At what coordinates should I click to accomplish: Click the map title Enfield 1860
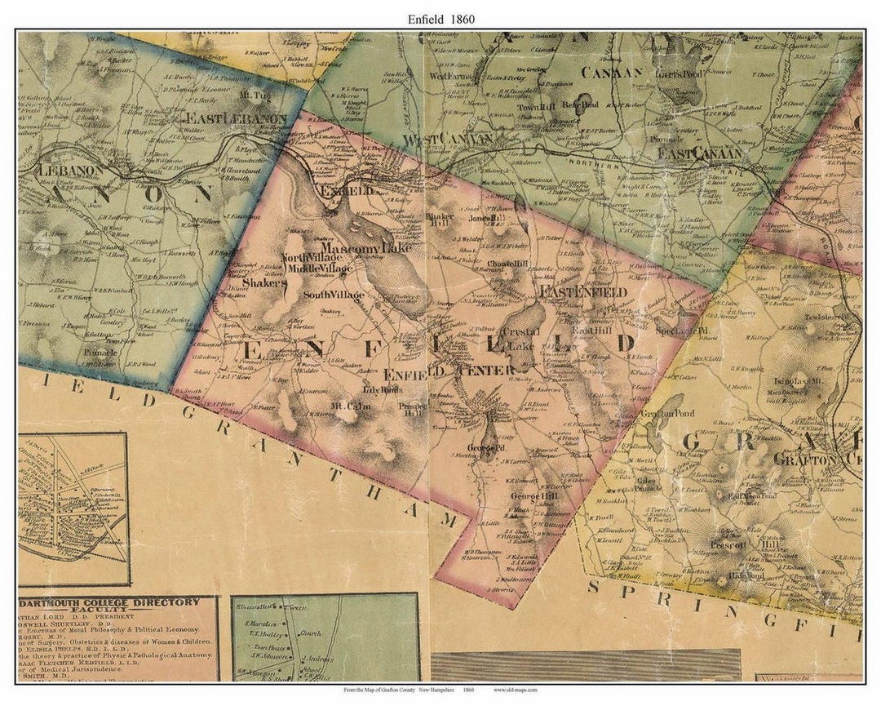440,18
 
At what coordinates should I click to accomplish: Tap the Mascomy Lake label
356,246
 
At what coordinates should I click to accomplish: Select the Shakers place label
263,282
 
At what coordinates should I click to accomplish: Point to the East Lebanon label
236,118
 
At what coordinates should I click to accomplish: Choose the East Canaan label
701,153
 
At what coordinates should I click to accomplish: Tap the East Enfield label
582,291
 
